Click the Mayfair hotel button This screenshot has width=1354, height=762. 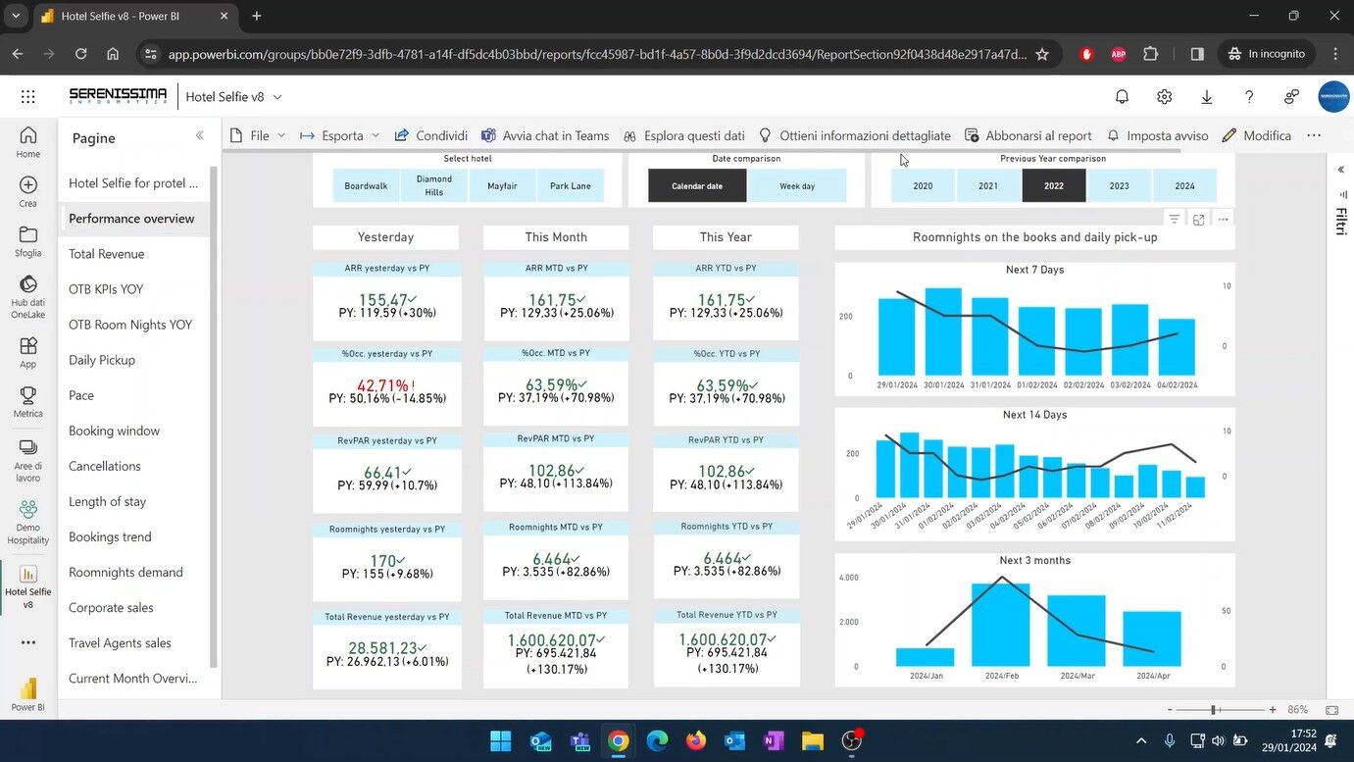[x=502, y=185]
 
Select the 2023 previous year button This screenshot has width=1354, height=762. [x=1119, y=185]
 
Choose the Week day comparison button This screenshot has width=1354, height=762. [x=797, y=185]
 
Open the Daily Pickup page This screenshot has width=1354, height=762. [x=102, y=360]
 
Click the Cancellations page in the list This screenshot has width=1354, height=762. [x=105, y=466]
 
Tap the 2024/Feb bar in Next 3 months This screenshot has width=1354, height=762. [x=1001, y=625]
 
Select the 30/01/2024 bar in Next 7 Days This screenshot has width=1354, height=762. [x=943, y=331]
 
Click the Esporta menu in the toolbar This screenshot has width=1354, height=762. [x=341, y=135]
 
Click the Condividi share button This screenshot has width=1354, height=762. [x=431, y=135]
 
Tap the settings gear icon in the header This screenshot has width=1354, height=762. [x=1164, y=96]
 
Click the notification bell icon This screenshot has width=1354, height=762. [x=1122, y=96]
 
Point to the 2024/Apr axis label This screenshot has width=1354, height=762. [x=1152, y=676]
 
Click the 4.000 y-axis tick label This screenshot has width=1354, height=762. [x=849, y=578]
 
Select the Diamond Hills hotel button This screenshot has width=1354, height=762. [x=434, y=185]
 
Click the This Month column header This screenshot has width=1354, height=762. [x=556, y=237]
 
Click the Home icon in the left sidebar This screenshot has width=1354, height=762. [x=28, y=141]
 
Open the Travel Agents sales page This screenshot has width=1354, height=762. [x=120, y=643]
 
